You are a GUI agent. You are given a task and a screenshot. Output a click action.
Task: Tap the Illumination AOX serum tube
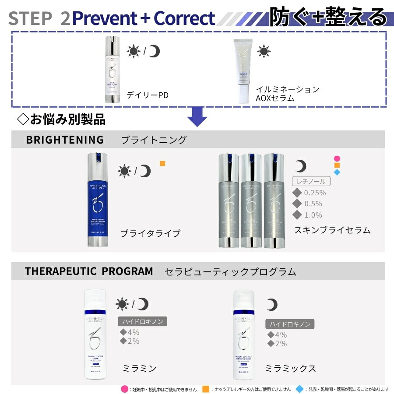pyautogui.click(x=244, y=71)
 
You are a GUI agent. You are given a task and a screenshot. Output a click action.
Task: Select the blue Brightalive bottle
pyautogui.click(x=97, y=200)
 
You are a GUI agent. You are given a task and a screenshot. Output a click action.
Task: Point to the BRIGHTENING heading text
pyautogui.click(x=65, y=140)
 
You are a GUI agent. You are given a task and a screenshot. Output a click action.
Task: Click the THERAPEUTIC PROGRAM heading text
pyautogui.click(x=89, y=271)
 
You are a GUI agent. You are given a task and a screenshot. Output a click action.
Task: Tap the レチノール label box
pyautogui.click(x=311, y=181)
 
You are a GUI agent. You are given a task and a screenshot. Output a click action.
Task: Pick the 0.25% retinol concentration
pyautogui.click(x=314, y=193)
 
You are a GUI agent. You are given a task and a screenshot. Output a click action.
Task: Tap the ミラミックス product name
pyautogui.click(x=291, y=368)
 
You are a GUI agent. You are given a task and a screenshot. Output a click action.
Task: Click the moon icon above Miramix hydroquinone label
pyautogui.click(x=272, y=305)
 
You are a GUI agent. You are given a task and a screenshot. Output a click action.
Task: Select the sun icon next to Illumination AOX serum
pyautogui.click(x=264, y=51)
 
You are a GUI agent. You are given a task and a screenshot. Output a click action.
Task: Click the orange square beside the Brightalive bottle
pyautogui.click(x=162, y=164)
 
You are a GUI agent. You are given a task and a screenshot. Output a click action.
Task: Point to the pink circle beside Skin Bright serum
pyautogui.click(x=337, y=158)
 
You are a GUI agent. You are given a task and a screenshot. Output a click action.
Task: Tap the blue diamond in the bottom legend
pyautogui.click(x=299, y=389)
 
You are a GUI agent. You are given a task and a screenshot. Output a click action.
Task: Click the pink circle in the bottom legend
pyautogui.click(x=124, y=389)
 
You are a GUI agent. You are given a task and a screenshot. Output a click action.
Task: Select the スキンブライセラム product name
pyautogui.click(x=332, y=230)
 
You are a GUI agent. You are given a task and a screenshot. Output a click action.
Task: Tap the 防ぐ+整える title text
pyautogui.click(x=328, y=18)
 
